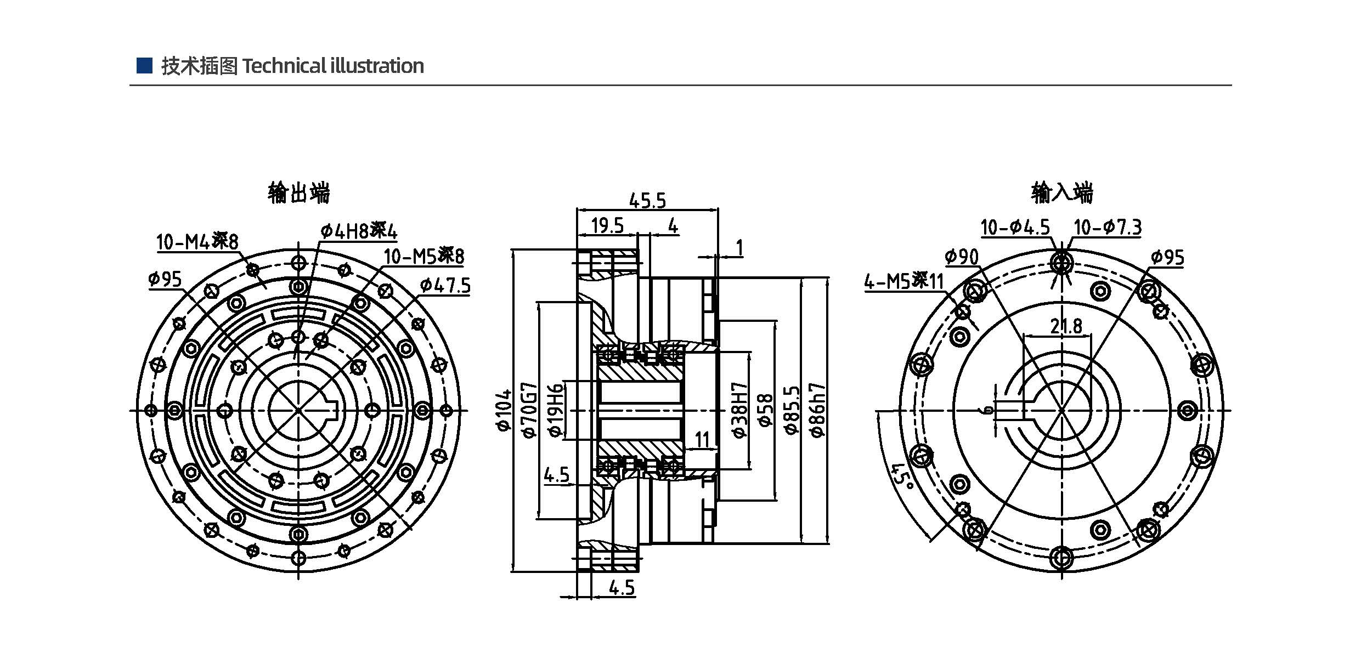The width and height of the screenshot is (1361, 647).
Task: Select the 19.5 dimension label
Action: click(607, 225)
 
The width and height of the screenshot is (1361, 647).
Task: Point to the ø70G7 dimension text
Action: click(530, 410)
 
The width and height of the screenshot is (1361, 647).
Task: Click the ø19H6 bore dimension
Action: click(555, 410)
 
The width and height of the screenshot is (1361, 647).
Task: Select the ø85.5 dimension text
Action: click(792, 410)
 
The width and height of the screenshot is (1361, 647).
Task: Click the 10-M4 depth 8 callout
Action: click(197, 241)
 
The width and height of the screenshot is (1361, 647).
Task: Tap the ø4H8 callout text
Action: click(359, 231)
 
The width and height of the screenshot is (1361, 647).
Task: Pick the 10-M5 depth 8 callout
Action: click(423, 256)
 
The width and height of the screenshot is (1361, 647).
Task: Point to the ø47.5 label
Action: click(445, 286)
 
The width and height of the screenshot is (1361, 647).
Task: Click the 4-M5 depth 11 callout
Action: click(904, 282)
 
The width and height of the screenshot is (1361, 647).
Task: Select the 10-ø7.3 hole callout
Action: click(1107, 227)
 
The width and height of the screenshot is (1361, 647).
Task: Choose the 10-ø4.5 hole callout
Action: click(1015, 227)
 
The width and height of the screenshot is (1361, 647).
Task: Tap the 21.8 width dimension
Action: click(1066, 326)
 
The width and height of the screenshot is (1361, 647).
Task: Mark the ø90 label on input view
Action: click(962, 257)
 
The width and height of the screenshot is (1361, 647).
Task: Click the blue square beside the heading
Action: click(144, 65)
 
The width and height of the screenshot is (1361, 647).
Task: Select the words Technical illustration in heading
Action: click(333, 66)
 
